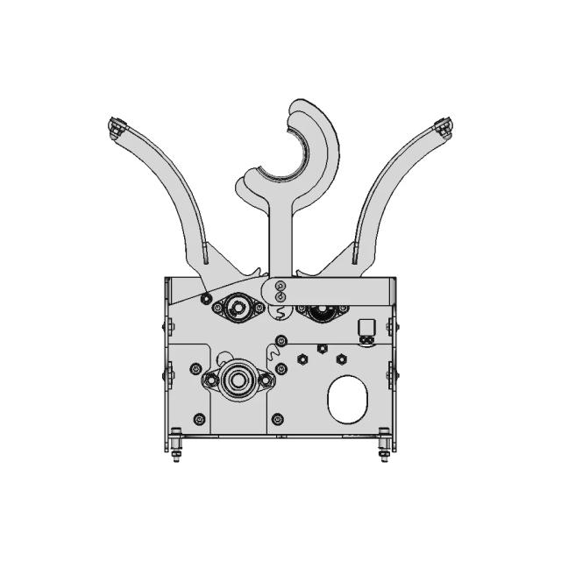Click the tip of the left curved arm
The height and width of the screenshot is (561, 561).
114,128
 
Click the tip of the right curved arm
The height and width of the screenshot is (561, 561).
444,128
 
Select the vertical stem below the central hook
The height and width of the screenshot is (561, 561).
280,237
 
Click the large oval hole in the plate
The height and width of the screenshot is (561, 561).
349,400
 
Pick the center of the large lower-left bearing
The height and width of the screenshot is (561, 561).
238,380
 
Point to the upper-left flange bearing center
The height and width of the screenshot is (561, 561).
237,308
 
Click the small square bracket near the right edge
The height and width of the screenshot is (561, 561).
367,328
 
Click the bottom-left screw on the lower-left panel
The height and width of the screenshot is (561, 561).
200,418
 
